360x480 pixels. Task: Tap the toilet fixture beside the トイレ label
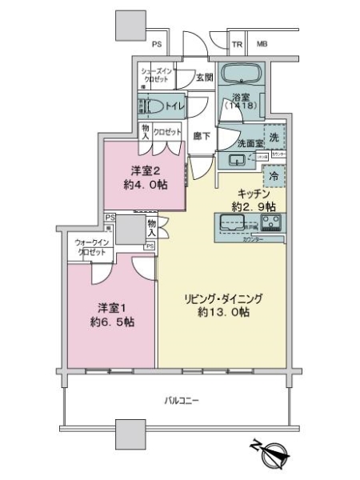pyautogui.click(x=158, y=106)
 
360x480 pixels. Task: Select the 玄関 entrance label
pyautogui.click(x=205, y=77)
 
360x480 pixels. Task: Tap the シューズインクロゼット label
pyautogui.click(x=155, y=75)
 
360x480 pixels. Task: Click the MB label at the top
pyautogui.click(x=262, y=45)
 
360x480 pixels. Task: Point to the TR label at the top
pyautogui.click(x=238, y=45)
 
